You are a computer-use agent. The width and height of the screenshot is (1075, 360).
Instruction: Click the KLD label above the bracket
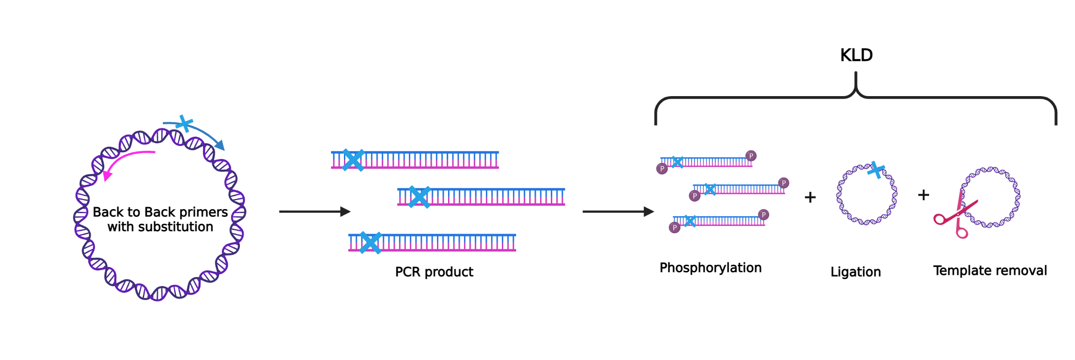coord(856,55)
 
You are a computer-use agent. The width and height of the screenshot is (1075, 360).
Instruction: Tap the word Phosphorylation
coord(711,268)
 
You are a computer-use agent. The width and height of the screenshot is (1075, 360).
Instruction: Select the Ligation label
coord(856,272)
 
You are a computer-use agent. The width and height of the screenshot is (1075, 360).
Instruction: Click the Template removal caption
coord(990,271)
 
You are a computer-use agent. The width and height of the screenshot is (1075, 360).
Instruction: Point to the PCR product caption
coord(434,272)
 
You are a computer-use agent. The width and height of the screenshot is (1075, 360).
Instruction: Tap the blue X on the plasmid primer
coord(184,123)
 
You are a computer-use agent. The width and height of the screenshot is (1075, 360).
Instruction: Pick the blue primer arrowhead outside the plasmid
coord(220,145)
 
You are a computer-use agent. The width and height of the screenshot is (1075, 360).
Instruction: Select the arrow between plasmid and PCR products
coord(315,212)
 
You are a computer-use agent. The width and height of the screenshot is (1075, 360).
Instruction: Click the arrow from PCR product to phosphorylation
coord(618,212)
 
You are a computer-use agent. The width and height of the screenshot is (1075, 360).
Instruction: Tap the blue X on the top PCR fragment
coord(353,160)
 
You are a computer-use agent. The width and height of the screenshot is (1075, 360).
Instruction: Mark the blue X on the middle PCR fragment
coord(419,197)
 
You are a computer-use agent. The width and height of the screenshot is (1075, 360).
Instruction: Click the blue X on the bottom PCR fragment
coord(370,243)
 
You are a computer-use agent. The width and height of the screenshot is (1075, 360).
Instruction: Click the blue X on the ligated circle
coord(876,170)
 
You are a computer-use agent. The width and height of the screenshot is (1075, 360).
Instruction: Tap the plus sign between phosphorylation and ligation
coord(810,197)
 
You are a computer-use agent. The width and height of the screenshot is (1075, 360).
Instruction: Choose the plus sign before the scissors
coord(924,195)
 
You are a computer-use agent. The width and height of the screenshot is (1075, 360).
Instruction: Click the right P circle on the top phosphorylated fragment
coord(751,156)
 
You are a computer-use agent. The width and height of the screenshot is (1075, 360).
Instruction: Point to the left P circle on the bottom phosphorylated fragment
coord(675,228)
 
